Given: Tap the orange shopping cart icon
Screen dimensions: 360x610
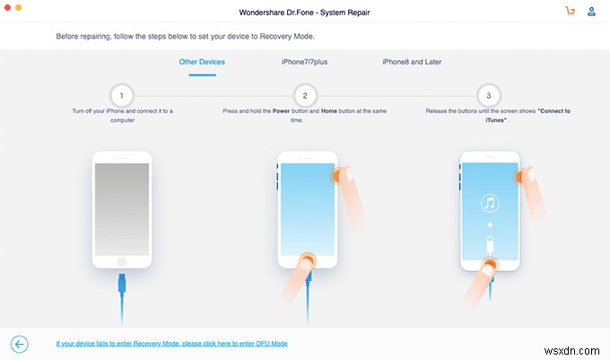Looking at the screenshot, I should point(570,12).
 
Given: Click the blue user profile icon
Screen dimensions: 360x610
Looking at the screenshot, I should point(591,12).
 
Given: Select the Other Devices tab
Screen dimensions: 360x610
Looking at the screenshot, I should point(202,62).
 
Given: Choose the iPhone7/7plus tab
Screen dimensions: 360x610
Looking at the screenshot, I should point(304,62).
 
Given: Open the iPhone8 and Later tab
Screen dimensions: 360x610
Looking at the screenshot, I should point(412,62).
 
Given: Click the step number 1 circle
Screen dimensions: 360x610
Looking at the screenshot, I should point(121,95).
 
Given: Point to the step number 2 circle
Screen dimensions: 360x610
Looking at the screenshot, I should point(304,95).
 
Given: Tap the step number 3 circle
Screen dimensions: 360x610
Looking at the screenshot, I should point(488,95).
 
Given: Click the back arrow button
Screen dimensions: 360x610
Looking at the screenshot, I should point(20,343).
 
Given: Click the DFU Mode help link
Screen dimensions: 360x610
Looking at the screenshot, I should point(171,344).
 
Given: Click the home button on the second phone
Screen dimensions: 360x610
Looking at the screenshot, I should point(306,261).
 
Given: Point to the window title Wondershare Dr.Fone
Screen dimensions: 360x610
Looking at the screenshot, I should point(304,12).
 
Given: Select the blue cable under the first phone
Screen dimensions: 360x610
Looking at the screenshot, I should point(122,301).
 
